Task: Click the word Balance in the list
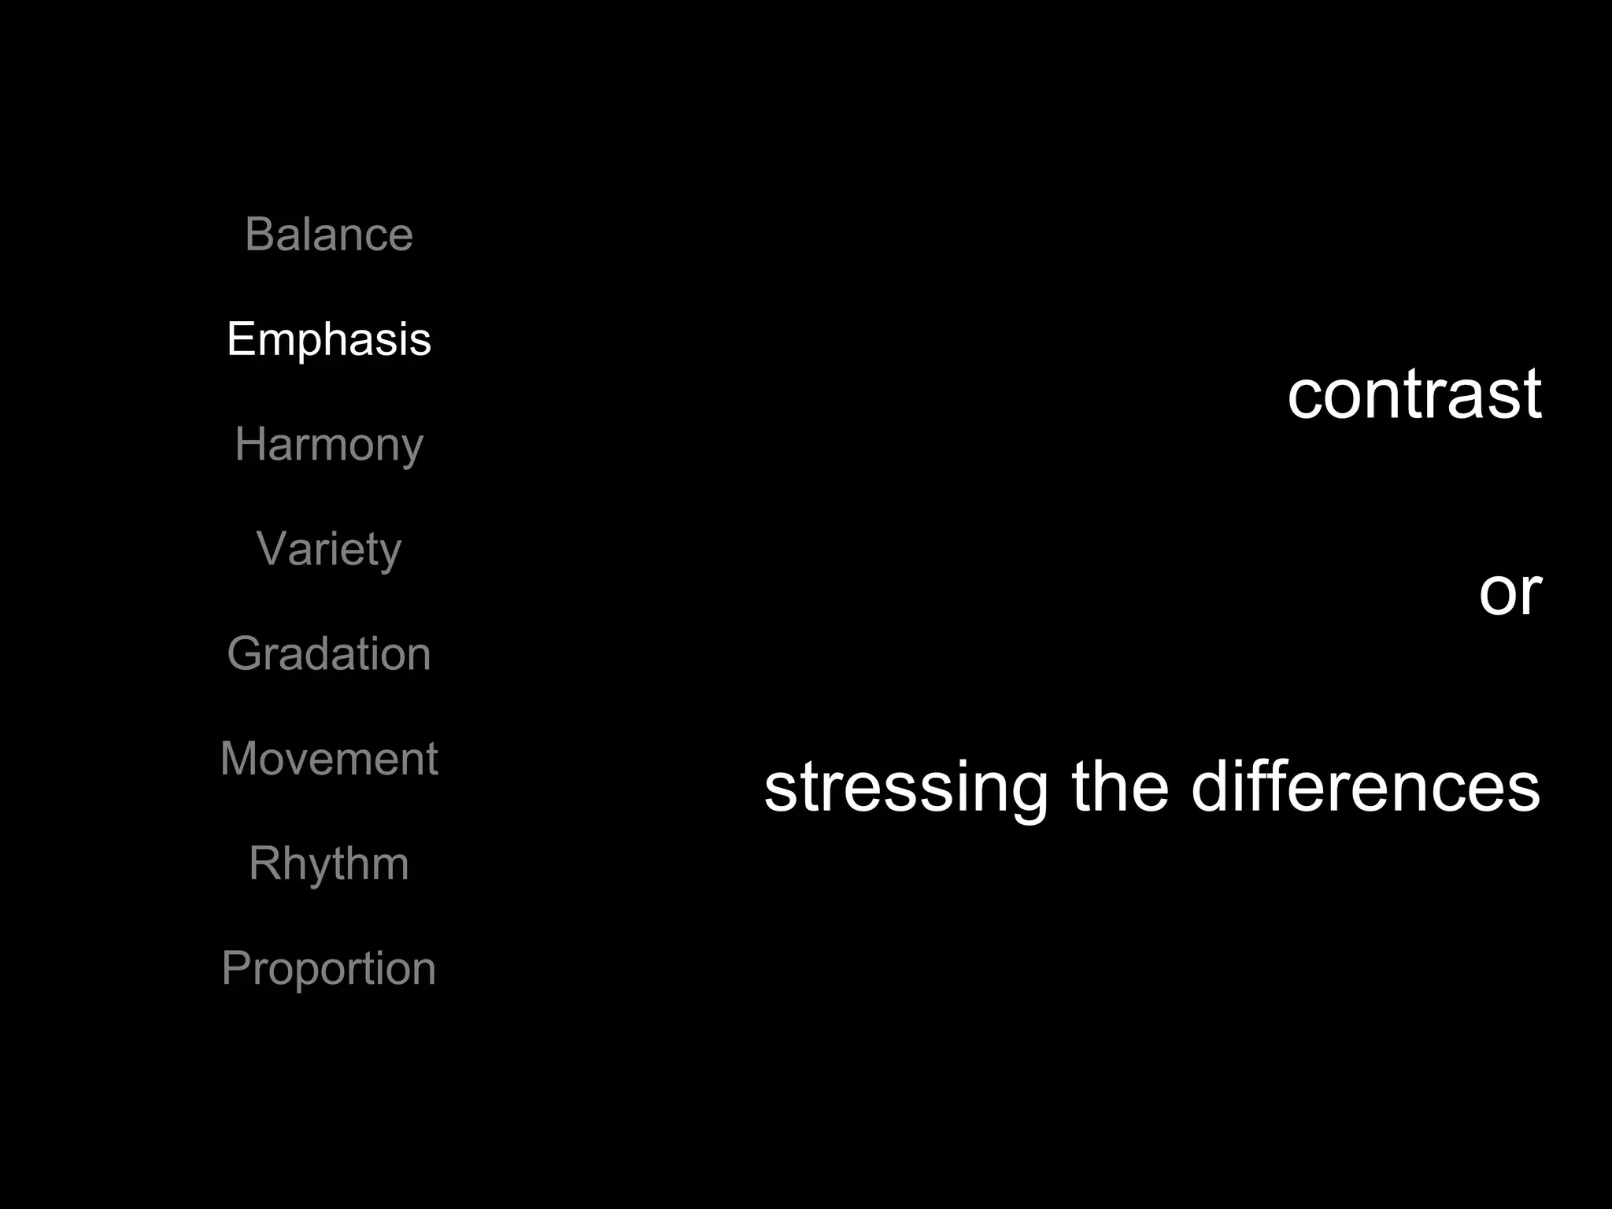329,235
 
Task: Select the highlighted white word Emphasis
329,339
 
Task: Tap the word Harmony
329,445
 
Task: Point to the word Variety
329,549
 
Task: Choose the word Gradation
329,653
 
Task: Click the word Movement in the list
329,759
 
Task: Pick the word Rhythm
329,864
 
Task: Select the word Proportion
329,969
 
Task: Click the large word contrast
1414,394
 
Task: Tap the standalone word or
1510,592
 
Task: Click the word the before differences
1120,787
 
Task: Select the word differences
1366,787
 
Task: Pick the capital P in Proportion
237,968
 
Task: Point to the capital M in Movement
239,759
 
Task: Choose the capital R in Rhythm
264,863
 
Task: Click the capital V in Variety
272,549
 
